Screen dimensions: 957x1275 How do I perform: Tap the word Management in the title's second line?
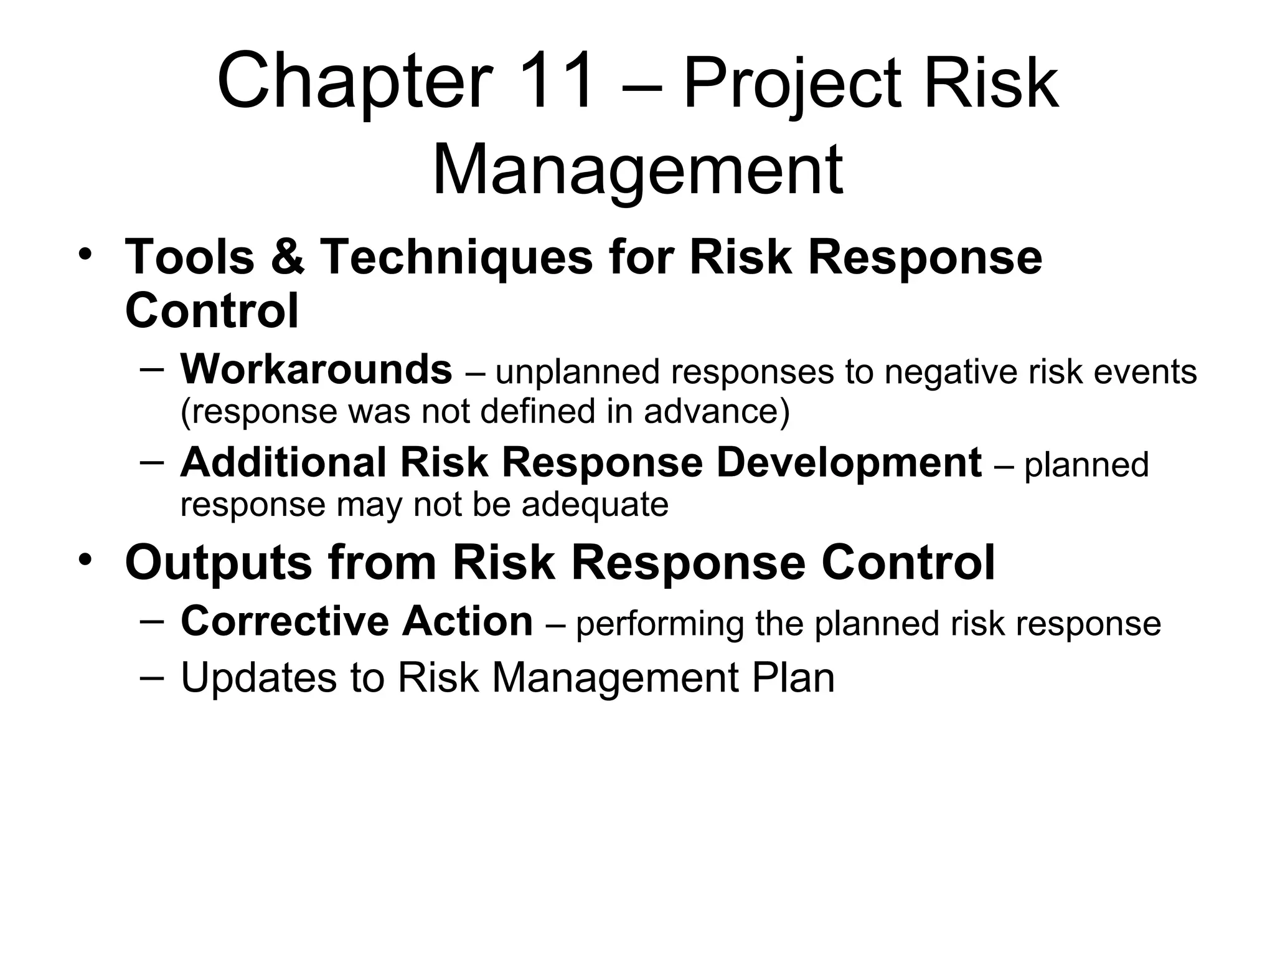637,170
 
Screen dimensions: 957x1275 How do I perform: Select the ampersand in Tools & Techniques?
288,257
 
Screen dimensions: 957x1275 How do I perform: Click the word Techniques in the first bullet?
456,257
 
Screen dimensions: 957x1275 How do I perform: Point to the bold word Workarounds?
316,369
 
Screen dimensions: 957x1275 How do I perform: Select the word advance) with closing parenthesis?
717,411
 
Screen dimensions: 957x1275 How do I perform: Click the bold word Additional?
283,462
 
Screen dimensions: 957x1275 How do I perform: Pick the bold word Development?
849,462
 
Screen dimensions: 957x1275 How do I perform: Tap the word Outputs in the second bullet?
218,563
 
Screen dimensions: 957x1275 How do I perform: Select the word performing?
659,624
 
